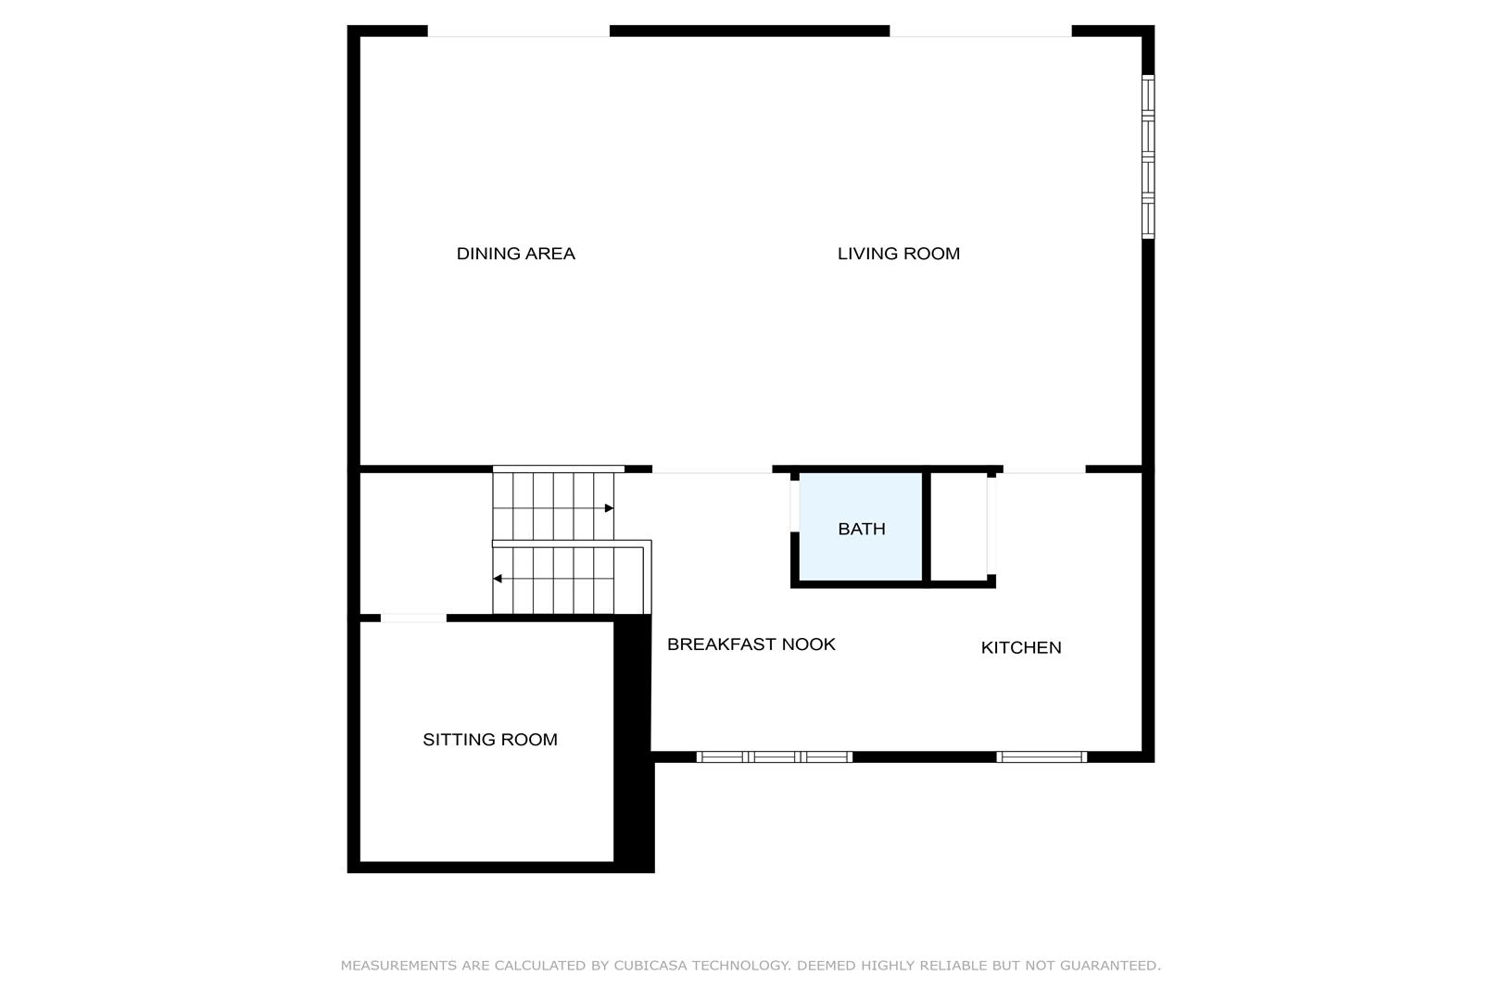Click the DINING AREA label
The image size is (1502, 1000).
click(x=515, y=254)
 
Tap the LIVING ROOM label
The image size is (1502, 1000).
click(x=899, y=254)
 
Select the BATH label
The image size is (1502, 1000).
click(x=862, y=529)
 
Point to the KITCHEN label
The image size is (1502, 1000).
click(x=1020, y=647)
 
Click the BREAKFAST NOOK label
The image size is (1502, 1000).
click(x=751, y=644)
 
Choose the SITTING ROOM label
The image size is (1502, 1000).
click(x=490, y=739)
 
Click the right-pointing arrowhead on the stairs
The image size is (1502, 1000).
click(x=609, y=508)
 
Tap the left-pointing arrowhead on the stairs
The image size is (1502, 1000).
click(x=498, y=579)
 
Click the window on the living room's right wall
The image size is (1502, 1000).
click(x=1148, y=156)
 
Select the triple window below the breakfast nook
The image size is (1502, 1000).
click(x=775, y=756)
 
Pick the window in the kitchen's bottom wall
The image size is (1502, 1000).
click(x=1041, y=756)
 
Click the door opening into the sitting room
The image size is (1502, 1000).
click(x=413, y=618)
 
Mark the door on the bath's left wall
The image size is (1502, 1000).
click(x=795, y=506)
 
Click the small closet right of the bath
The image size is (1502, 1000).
click(x=959, y=527)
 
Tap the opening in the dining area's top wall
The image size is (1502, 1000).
click(x=518, y=31)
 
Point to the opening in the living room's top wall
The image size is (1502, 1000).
click(x=980, y=31)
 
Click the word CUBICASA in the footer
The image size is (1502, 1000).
click(x=650, y=965)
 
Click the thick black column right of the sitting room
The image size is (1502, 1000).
click(x=634, y=744)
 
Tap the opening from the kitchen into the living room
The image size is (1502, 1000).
click(x=1044, y=469)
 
